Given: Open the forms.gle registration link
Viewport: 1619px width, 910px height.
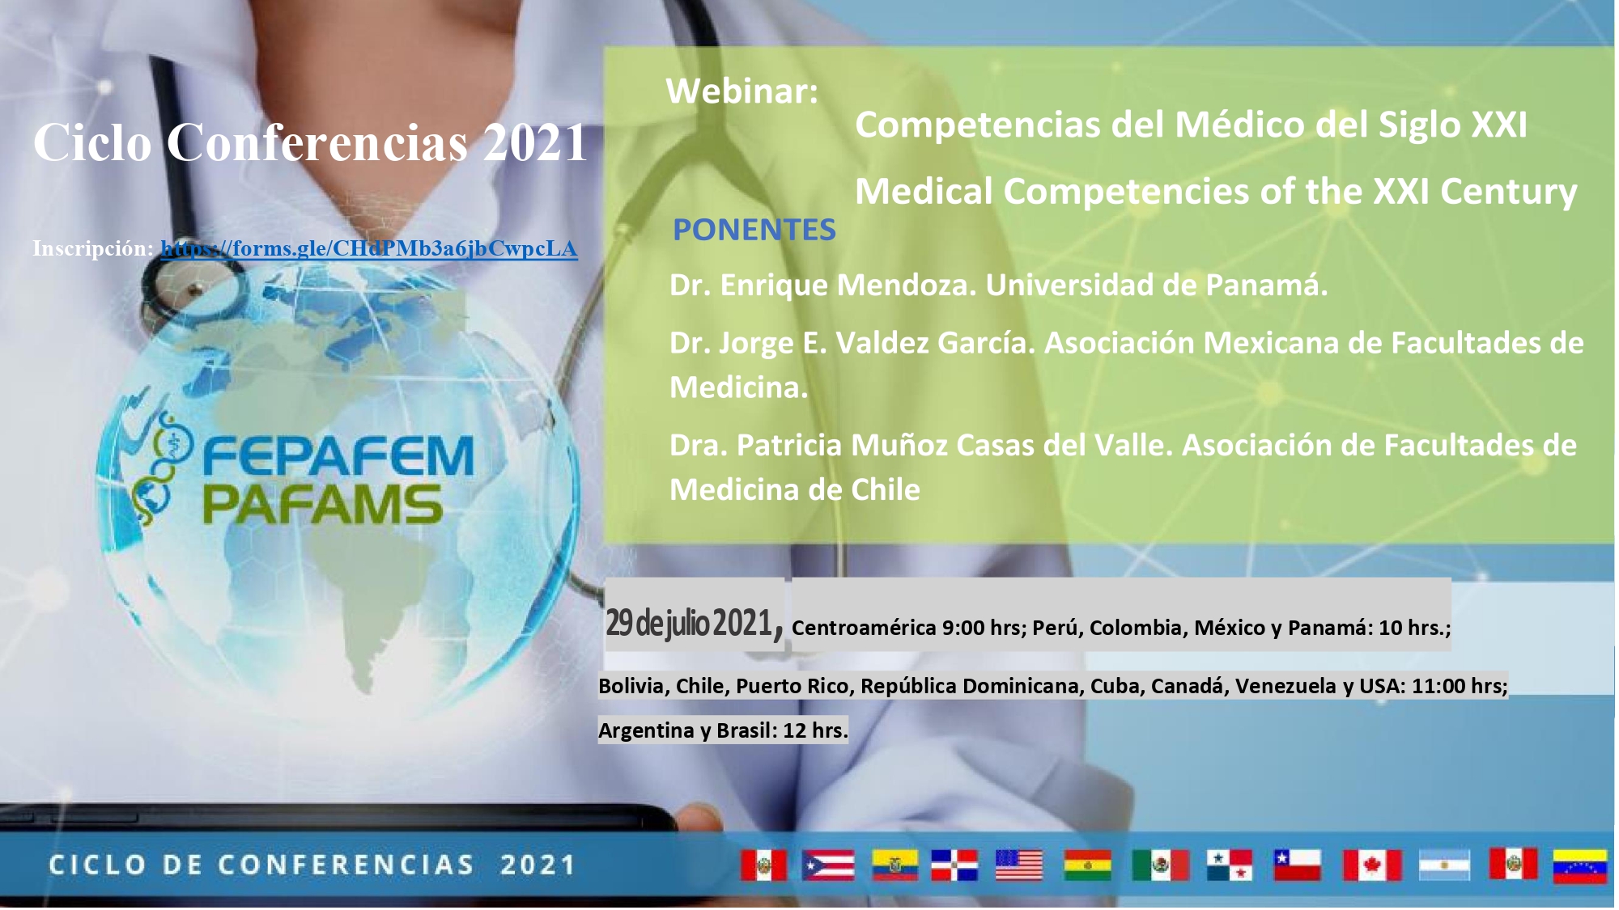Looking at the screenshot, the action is (x=369, y=248).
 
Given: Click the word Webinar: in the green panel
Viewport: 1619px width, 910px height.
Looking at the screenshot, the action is (x=742, y=91).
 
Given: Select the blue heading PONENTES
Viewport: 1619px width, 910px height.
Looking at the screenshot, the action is (x=754, y=230).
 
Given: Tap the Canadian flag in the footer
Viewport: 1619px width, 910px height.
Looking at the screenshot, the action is (x=1372, y=865).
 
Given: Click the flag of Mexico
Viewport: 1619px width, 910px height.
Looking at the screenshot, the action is (x=1160, y=865).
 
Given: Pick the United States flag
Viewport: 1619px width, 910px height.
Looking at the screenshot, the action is (x=1018, y=865).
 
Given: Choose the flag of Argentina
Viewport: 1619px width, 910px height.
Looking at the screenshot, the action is (x=1445, y=865).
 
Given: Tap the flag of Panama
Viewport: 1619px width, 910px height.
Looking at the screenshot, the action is (x=1229, y=865).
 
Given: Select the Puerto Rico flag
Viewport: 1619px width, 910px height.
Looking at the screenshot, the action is (x=828, y=865).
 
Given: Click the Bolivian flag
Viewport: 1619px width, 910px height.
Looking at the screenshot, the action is (x=1087, y=865).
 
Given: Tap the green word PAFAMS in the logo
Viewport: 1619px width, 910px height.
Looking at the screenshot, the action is (x=322, y=505).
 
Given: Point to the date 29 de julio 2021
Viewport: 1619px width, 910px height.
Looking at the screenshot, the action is (x=689, y=623).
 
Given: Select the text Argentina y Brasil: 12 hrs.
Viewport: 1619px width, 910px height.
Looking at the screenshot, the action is (x=723, y=730).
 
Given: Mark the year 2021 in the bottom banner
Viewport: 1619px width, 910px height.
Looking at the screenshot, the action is (x=538, y=865).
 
